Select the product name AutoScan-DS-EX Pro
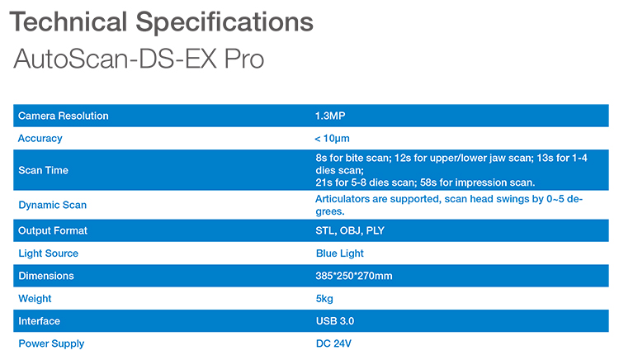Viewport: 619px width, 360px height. coord(139,61)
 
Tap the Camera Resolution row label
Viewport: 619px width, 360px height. coord(64,116)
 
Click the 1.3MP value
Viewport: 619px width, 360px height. coord(330,116)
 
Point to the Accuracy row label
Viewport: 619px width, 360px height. coord(40,139)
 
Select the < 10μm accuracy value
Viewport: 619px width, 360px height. coord(338,139)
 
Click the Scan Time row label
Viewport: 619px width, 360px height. coord(44,170)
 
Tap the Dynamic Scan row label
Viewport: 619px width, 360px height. coord(53,205)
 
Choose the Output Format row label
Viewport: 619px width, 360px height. coord(53,230)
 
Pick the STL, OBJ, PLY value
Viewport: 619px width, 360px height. coord(350,230)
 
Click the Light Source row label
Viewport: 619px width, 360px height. coord(49,253)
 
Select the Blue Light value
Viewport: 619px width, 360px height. coord(340,253)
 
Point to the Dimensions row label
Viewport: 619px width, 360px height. coord(46,276)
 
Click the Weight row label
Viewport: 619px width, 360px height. coord(35,298)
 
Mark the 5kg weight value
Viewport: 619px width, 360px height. coord(324,298)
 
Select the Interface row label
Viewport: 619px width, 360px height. coord(40,320)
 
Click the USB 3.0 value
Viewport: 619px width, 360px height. coord(335,320)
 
